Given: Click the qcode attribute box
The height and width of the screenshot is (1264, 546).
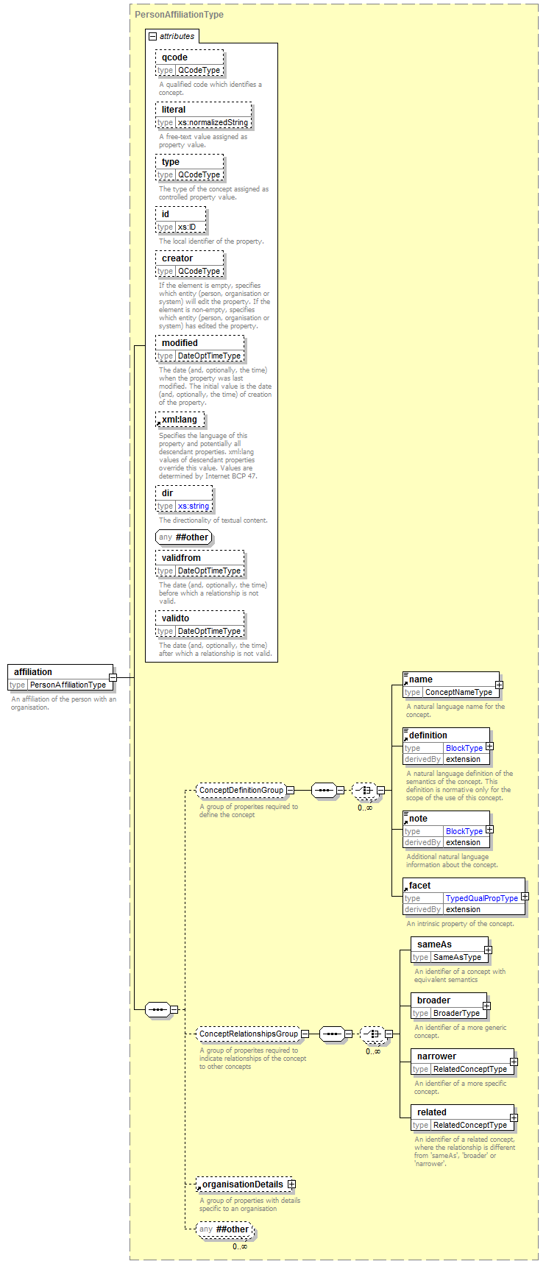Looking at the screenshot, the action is click(190, 63).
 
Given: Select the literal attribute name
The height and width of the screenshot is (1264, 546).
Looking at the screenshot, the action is click(174, 110).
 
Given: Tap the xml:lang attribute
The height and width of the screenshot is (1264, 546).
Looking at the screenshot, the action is click(180, 420).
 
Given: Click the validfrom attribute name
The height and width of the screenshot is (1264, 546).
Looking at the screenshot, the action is click(181, 558).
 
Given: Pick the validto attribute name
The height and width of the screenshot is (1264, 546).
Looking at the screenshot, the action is click(176, 618).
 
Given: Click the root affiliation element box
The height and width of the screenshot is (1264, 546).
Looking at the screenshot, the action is click(60, 678).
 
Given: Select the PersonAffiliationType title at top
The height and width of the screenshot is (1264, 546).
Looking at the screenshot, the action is click(179, 15).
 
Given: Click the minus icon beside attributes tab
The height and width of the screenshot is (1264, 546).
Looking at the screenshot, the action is click(152, 36).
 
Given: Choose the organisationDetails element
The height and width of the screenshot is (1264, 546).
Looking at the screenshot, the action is click(245, 1184).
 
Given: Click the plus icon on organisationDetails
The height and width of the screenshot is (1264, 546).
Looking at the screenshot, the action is click(291, 1184).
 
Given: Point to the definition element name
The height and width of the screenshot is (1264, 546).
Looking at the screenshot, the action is click(428, 735).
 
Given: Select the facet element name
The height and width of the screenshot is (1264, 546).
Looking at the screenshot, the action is click(420, 886).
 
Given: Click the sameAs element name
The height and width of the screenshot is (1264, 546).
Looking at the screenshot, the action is click(434, 945).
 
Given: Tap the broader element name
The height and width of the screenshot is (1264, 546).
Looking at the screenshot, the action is click(433, 1000).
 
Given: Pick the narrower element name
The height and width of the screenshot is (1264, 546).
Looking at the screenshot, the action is click(436, 1056).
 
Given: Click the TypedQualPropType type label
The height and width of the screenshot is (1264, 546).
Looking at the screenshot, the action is click(482, 898).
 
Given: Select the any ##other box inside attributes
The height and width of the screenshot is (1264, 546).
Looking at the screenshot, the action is click(184, 537).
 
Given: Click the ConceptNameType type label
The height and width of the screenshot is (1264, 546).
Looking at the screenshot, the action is click(458, 692).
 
